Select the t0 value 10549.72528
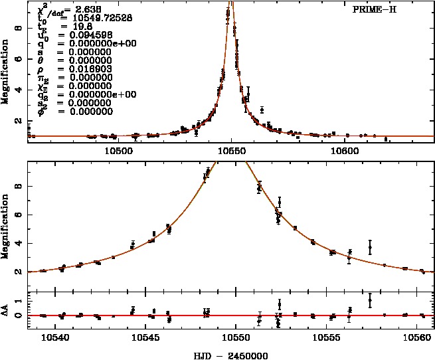98,18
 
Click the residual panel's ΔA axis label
7,310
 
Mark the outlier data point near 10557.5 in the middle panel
370,247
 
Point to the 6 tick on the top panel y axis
19,59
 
